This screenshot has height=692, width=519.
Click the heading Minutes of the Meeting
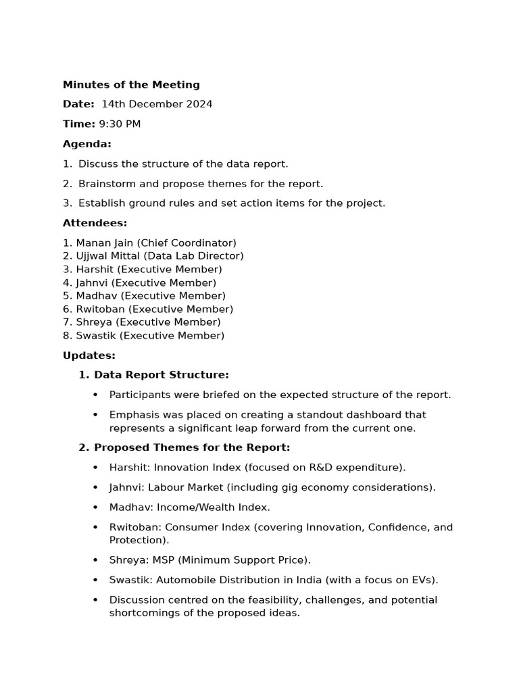coord(131,85)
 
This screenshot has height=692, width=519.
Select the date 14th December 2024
coord(157,104)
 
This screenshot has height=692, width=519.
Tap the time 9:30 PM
coord(120,124)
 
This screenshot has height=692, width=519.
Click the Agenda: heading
coord(87,144)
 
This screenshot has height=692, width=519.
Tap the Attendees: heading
coord(95,223)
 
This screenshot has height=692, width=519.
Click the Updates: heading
coord(89,355)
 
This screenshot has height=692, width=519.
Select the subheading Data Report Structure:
coord(161,375)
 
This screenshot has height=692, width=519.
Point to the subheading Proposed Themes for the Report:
coord(192,447)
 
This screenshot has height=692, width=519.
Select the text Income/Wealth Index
coord(213,507)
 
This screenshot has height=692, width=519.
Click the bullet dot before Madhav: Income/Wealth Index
coord(95,508)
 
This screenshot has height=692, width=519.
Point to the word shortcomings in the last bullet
coord(142,613)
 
